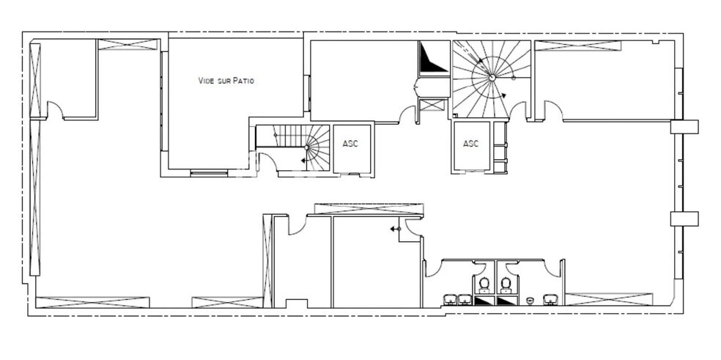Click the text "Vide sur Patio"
[226, 81]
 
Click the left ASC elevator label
[350, 144]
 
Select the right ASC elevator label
[471, 144]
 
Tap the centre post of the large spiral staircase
[492, 76]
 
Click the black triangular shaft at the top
[432, 59]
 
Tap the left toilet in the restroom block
[484, 284]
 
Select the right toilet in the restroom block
[505, 284]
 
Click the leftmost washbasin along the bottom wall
[450, 299]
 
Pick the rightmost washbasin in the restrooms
[550, 299]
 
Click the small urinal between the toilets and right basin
[529, 301]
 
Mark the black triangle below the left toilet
[483, 301]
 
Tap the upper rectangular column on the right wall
[684, 127]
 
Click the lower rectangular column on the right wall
[684, 218]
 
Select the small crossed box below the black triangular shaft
[433, 104]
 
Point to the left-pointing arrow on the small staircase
[303, 159]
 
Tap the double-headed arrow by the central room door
[395, 229]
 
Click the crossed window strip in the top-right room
[577, 45]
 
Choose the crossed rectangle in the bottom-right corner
[608, 299]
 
